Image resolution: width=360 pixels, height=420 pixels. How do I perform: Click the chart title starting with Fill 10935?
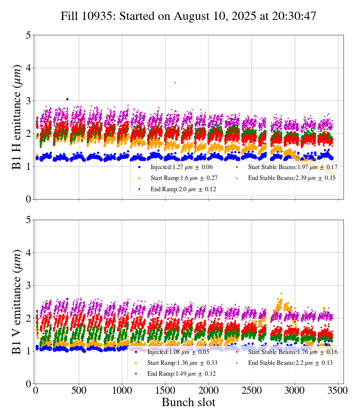pyautogui.click(x=188, y=16)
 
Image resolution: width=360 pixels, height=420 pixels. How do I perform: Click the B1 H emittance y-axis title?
pyautogui.click(x=17, y=117)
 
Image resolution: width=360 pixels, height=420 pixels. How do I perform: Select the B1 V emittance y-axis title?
pyautogui.click(x=17, y=301)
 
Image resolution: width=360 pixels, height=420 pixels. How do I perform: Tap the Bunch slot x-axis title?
pyautogui.click(x=188, y=403)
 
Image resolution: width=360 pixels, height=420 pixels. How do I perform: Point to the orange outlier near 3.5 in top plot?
pyautogui.click(x=175, y=82)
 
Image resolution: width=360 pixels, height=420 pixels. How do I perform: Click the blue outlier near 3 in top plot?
pyautogui.click(x=67, y=99)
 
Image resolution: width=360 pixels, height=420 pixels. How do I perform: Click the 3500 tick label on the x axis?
pyautogui.click(x=338, y=390)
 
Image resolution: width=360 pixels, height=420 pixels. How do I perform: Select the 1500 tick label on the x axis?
pyautogui.click(x=165, y=390)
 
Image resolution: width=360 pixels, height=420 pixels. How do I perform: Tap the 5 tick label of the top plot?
pyautogui.click(x=28, y=35)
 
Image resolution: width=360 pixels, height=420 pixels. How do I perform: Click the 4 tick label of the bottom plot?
pyautogui.click(x=28, y=253)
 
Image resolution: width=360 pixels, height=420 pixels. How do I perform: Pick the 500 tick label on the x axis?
pyautogui.click(x=79, y=390)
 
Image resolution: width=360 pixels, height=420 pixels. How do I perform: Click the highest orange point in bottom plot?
pyautogui.click(x=281, y=293)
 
